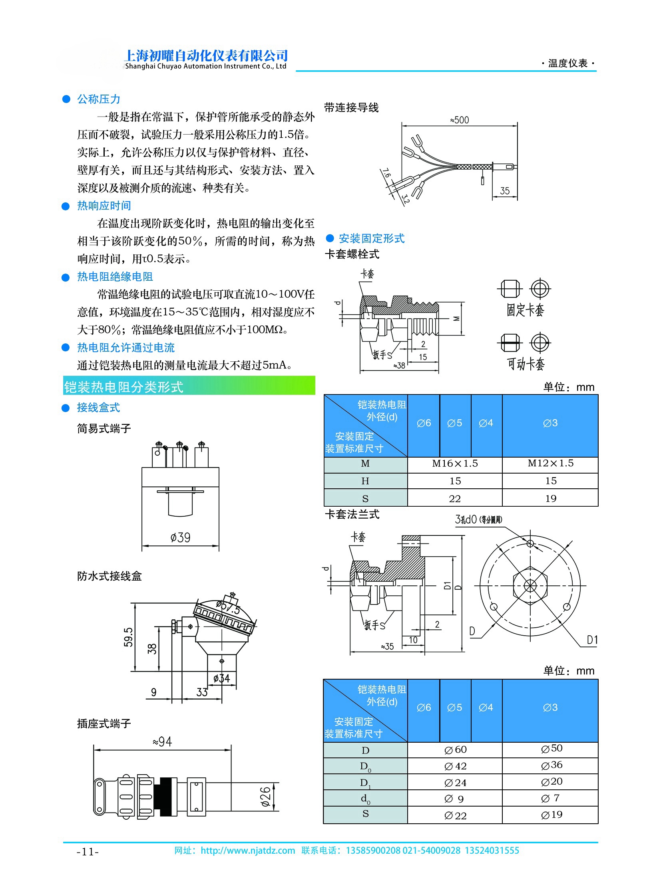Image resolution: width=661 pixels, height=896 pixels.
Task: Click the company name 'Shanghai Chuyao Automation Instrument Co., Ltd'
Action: (x=206, y=66)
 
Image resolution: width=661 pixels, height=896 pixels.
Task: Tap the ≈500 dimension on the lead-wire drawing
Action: (x=459, y=120)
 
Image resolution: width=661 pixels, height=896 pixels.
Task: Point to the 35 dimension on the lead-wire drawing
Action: (x=505, y=191)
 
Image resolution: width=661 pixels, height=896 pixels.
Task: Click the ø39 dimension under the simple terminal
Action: (x=180, y=538)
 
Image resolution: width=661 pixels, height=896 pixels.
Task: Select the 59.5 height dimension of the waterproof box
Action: (x=128, y=637)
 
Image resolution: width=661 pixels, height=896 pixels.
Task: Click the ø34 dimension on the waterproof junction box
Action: (x=221, y=678)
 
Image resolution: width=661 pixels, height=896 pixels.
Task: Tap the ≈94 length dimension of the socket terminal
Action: (x=162, y=742)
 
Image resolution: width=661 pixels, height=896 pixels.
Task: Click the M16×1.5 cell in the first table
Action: (x=455, y=464)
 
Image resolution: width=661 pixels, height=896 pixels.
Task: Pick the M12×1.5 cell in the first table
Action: (x=550, y=464)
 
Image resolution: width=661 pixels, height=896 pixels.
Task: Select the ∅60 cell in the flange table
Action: (x=455, y=750)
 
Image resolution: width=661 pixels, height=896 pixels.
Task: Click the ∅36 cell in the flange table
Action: (x=551, y=765)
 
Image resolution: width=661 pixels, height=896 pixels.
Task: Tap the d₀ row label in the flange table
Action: (x=365, y=799)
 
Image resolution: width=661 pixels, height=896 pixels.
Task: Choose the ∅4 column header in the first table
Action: (x=486, y=423)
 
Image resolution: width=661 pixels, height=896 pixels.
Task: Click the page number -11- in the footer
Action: (x=88, y=852)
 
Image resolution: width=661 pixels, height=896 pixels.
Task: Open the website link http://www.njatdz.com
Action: (x=248, y=850)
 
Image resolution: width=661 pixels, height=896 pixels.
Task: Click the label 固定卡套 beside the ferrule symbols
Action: (x=525, y=310)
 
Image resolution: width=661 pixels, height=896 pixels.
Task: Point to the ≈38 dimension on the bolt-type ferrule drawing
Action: (x=399, y=365)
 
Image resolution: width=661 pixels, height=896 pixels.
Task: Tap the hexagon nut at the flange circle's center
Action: (x=530, y=586)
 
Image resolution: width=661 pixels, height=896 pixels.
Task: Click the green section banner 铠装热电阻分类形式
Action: (x=189, y=386)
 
